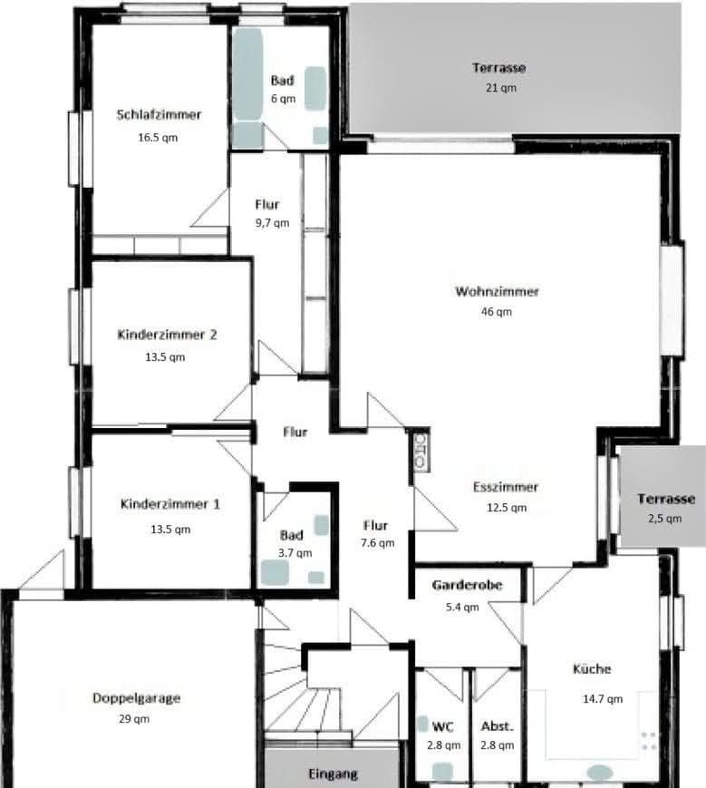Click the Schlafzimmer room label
pos(159,115)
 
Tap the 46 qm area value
pos(497,312)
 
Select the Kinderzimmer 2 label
pos(167,335)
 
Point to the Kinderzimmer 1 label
pos(169,504)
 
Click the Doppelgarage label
pos(136,698)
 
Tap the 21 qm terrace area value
pos(499,88)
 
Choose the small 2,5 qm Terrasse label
pos(665,499)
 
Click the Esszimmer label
pos(505,487)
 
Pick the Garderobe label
pos(468,586)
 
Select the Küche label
pos(592,669)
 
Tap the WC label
pos(442,726)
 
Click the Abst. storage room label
pos(498,726)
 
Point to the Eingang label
pos(333,774)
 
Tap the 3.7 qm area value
pos(295,552)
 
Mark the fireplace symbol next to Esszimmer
pos(421,450)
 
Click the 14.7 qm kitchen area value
pos(602,699)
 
